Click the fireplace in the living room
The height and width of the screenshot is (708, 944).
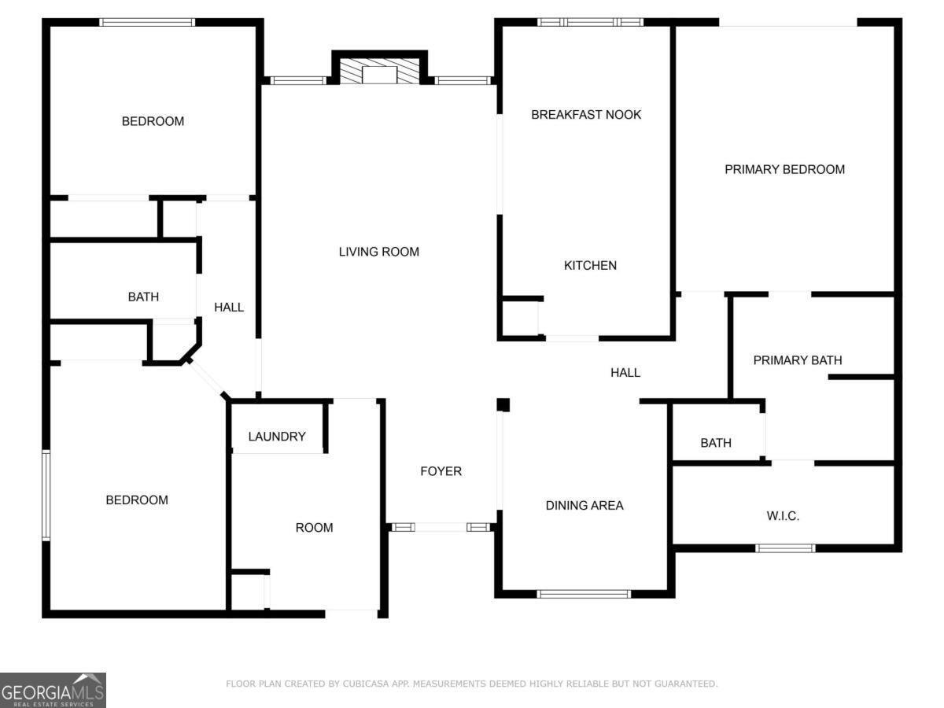click(x=379, y=71)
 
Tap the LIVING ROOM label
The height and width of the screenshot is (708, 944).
click(x=379, y=252)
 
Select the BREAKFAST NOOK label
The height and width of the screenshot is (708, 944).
click(x=586, y=114)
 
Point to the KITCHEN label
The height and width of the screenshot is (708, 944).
click(x=590, y=265)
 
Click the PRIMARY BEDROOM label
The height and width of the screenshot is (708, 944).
click(x=784, y=169)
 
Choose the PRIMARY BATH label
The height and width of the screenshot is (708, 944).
click(x=798, y=360)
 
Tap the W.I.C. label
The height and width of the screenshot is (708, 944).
click(x=783, y=515)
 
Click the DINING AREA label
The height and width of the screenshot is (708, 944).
click(x=584, y=505)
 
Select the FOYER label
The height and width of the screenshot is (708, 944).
click(x=441, y=471)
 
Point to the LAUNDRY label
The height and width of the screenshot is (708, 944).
click(x=277, y=437)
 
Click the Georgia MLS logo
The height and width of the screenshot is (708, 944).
click(x=53, y=690)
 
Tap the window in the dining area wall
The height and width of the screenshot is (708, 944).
click(x=584, y=594)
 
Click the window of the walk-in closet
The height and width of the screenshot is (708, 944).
click(x=785, y=548)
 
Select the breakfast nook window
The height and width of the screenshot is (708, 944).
click(x=591, y=22)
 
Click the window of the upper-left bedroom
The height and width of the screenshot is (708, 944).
click(x=147, y=22)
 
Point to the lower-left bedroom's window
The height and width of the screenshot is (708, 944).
click(x=46, y=494)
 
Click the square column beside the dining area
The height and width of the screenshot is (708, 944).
click(x=503, y=405)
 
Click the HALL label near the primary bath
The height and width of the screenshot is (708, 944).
click(x=625, y=372)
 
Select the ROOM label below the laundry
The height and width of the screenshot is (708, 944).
click(x=314, y=527)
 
